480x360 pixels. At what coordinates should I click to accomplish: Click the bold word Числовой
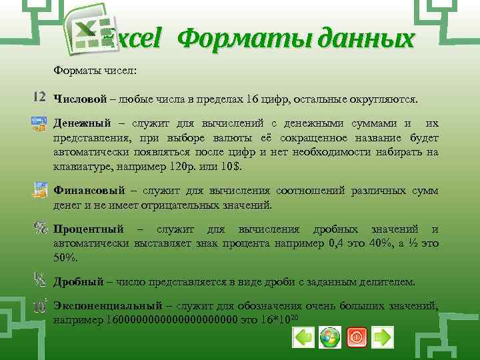point(80,99)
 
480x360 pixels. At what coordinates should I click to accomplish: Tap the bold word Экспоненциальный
point(107,305)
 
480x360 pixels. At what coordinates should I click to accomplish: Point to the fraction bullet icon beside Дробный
point(39,279)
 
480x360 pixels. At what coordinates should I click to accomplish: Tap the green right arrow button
point(382,337)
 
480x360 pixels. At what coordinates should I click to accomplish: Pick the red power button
point(356,337)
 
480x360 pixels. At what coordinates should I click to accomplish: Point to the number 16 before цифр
point(251,99)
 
